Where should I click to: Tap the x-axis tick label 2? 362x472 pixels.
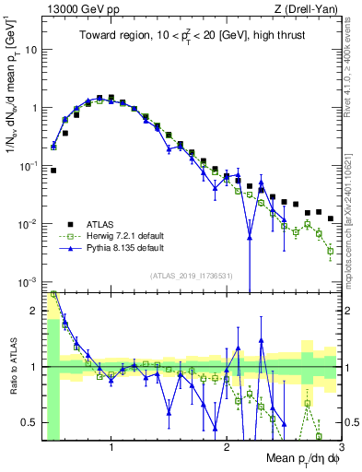227,447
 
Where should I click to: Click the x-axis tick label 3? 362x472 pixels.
341,447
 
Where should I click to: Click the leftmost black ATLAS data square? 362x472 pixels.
53,171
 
